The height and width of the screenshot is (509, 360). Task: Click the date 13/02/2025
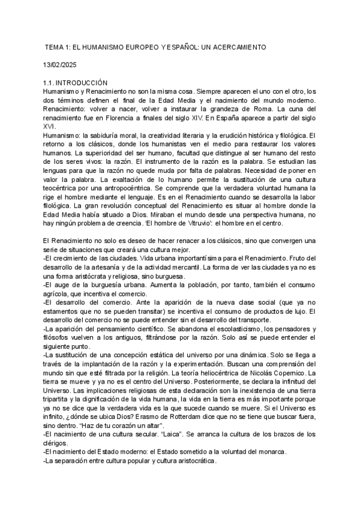tap(61, 64)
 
